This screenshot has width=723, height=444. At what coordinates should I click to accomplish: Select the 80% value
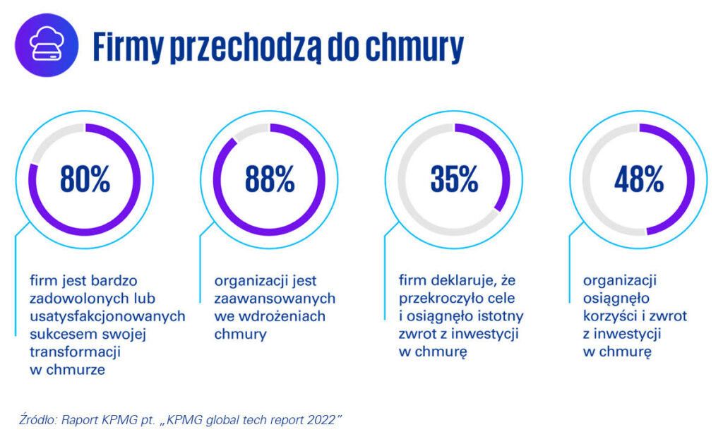(x=85, y=179)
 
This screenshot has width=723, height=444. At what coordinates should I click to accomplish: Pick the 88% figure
(x=270, y=179)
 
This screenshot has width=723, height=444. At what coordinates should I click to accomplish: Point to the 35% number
(x=454, y=179)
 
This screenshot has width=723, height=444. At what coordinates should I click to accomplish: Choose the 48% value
(x=638, y=179)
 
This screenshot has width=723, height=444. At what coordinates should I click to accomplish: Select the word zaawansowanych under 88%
(x=275, y=297)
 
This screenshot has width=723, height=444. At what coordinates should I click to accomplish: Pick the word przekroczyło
(x=444, y=297)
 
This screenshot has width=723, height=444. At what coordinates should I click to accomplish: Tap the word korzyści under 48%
(x=615, y=316)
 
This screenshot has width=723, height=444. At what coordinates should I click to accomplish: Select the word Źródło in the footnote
(x=35, y=420)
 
